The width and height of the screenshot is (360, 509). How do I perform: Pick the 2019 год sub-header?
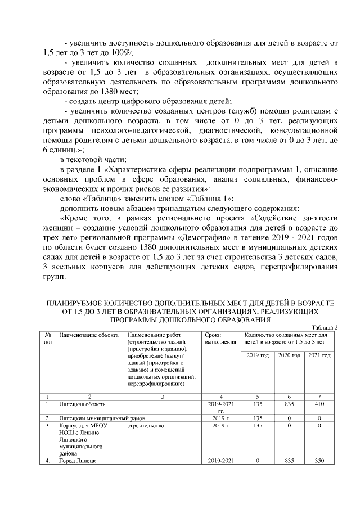click(x=258, y=355)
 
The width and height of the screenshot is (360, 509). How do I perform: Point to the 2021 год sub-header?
click(x=319, y=355)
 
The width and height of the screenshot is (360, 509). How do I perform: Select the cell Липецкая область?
click(x=82, y=404)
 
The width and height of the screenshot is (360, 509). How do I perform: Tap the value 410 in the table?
click(x=319, y=404)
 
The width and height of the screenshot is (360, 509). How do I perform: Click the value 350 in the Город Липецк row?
click(x=319, y=461)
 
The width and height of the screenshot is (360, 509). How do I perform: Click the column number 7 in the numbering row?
click(x=319, y=396)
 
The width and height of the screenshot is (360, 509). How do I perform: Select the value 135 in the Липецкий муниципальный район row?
click(x=258, y=418)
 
